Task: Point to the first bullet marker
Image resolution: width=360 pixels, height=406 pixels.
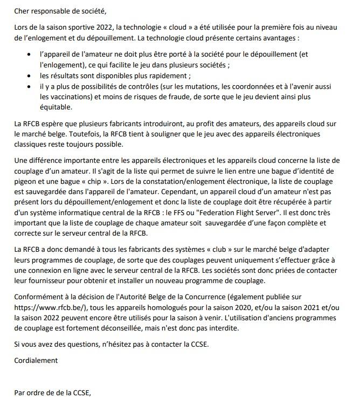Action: coord(29,54)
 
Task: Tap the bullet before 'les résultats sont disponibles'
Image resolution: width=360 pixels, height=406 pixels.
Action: coord(29,76)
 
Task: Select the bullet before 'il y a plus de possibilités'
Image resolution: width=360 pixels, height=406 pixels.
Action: coord(29,87)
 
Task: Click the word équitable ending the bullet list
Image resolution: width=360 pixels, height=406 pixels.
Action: coord(57,108)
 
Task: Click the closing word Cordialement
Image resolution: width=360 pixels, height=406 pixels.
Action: coord(36,360)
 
